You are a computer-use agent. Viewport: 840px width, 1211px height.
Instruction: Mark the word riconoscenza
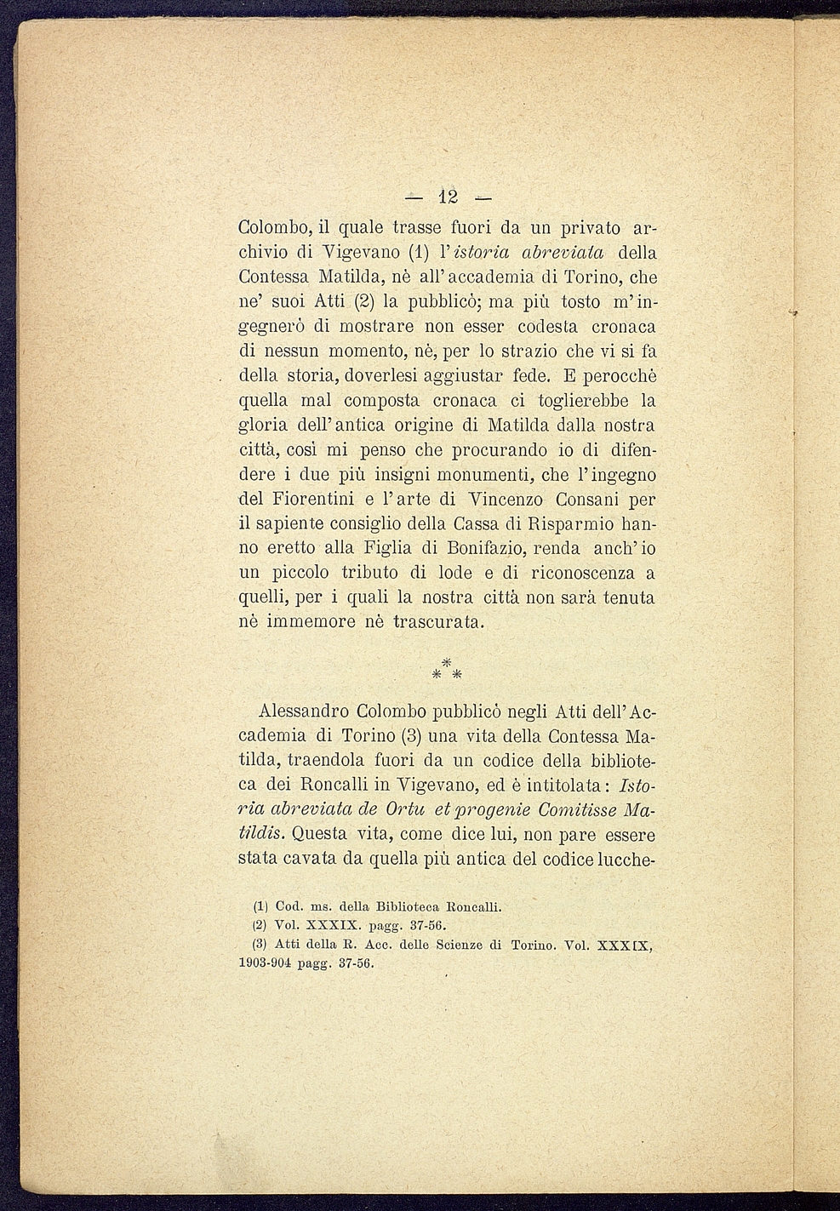pos(569,572)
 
